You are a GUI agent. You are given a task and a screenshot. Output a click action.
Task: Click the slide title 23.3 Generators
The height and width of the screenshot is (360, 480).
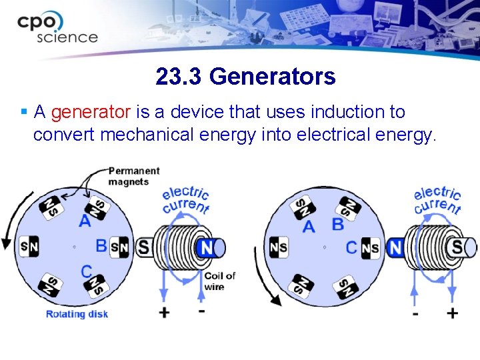245,77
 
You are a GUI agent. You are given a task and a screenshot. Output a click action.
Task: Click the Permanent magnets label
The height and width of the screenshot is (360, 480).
134,177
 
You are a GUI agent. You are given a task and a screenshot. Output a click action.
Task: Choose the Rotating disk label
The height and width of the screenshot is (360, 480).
77,314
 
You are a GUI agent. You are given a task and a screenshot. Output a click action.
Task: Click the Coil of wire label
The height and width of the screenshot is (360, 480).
219,281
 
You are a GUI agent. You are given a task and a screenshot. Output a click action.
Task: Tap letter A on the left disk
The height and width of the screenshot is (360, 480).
85,221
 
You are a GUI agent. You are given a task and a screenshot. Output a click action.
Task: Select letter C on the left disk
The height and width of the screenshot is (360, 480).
86,271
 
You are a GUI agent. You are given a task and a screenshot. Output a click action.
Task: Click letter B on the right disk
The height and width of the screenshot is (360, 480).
338,225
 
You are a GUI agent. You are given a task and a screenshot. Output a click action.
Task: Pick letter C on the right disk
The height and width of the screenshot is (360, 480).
351,248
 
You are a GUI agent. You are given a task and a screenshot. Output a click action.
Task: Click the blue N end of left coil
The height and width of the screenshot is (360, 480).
208,248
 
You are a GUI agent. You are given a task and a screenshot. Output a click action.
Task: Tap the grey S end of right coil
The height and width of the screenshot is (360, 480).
458,247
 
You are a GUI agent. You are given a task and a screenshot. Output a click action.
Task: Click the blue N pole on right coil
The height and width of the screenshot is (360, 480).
395,248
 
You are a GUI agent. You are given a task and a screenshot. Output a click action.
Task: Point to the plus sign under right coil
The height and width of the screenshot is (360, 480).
453,313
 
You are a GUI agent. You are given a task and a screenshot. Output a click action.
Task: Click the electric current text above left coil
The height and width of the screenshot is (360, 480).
186,199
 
